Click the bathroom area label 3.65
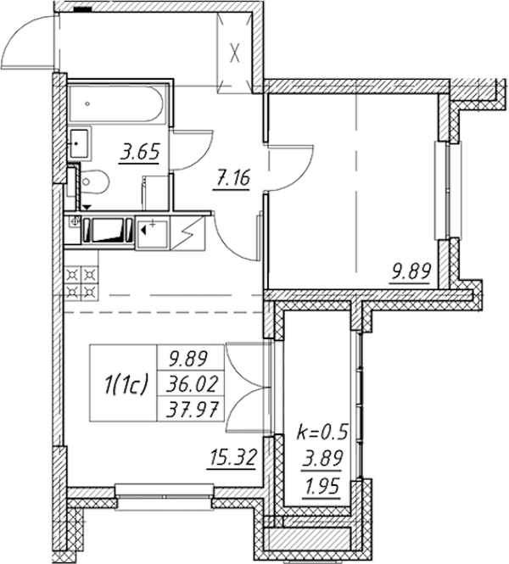click(x=140, y=153)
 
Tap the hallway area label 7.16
click(x=232, y=178)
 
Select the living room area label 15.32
click(x=233, y=458)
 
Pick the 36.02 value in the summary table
click(x=192, y=384)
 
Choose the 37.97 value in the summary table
click(x=192, y=409)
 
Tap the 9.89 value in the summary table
click(x=187, y=359)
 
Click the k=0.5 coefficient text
click(x=322, y=432)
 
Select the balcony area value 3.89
click(x=322, y=458)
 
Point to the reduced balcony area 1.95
click(x=322, y=488)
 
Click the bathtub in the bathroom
click(x=117, y=104)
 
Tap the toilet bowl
click(x=92, y=182)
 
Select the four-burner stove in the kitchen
click(x=81, y=282)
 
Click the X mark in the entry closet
click(x=234, y=55)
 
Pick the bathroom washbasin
click(x=79, y=144)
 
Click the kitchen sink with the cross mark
click(x=152, y=234)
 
